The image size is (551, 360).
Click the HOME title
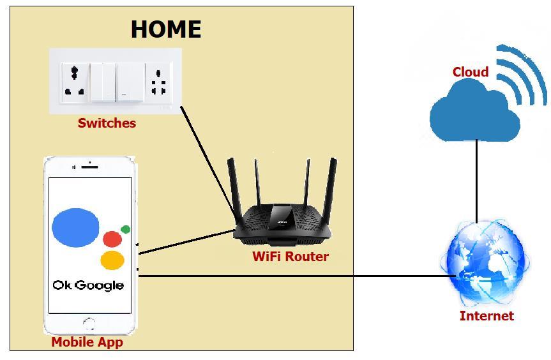pyautogui.click(x=166, y=29)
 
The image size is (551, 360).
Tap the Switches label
pyautogui.click(x=107, y=123)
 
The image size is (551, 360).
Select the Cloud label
pyautogui.click(x=471, y=72)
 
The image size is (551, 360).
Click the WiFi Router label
pyautogui.click(x=291, y=257)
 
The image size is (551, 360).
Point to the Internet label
pyautogui.click(x=487, y=315)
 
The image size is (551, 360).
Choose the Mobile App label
pyautogui.click(x=87, y=342)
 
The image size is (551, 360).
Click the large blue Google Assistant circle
pyautogui.click(x=75, y=228)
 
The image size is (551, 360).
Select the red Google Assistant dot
pyautogui.click(x=112, y=239)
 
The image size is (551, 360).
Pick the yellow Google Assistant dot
pyautogui.click(x=112, y=260)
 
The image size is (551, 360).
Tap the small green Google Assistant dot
pyautogui.click(x=125, y=229)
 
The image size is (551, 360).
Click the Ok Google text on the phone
pyautogui.click(x=88, y=285)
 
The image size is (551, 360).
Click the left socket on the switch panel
pyautogui.click(x=75, y=82)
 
